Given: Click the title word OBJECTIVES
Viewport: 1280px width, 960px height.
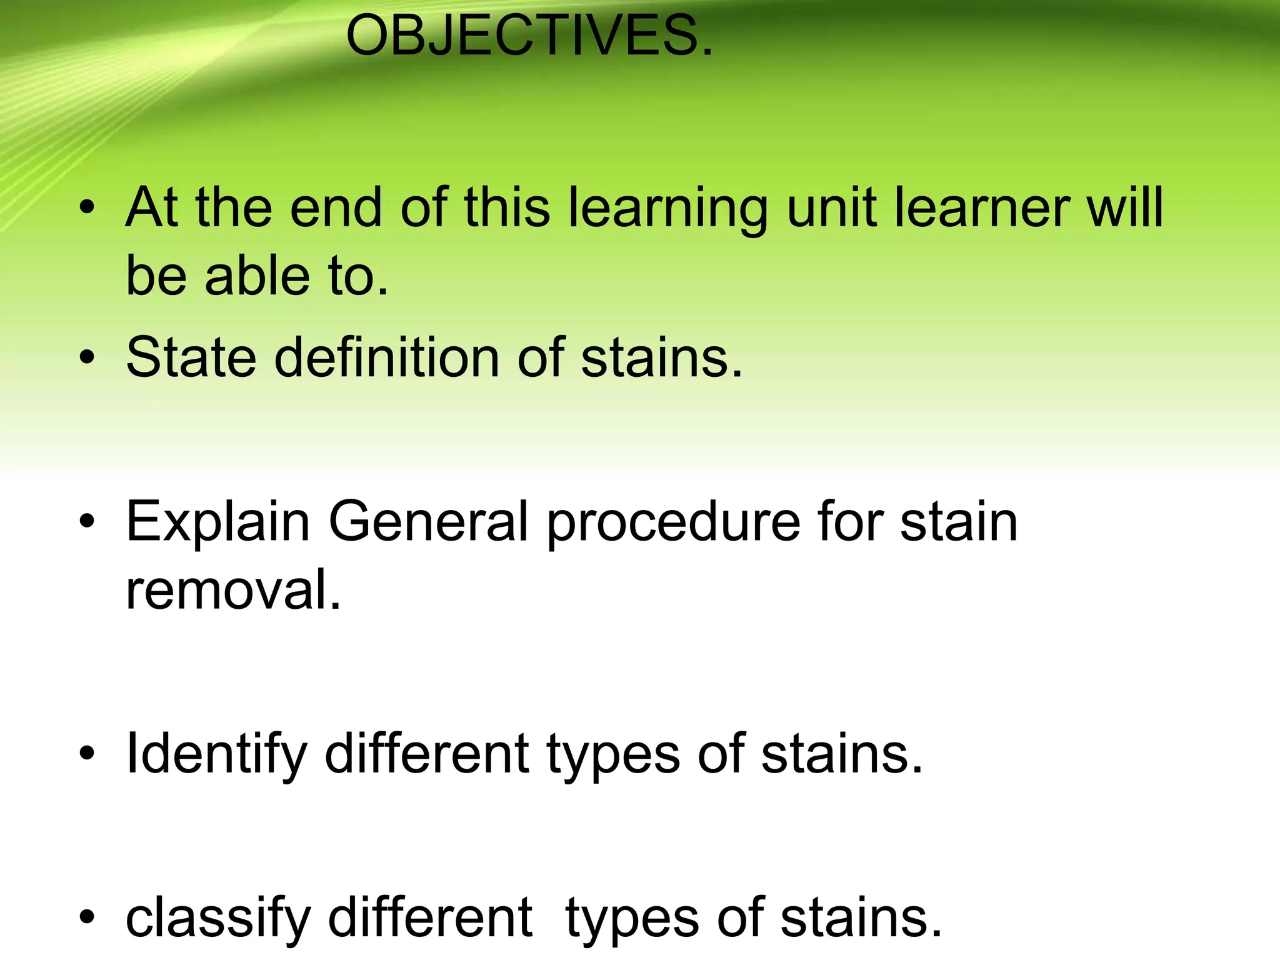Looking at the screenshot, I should [529, 36].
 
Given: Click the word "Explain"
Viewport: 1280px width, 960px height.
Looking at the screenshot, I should [218, 522].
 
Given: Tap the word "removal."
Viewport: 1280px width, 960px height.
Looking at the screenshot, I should [234, 590].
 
